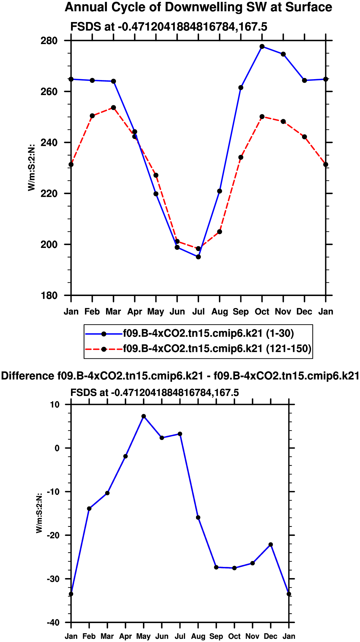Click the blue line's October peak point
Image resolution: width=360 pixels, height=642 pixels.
tap(262, 47)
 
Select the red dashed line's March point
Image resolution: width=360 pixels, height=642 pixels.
tap(113, 108)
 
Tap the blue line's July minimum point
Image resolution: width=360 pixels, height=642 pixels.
tap(198, 257)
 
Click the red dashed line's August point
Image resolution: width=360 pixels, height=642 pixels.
tap(220, 232)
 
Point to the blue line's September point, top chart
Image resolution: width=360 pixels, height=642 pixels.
tap(241, 88)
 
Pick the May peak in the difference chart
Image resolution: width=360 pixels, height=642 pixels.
tap(144, 416)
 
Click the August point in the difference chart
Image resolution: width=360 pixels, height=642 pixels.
tap(198, 518)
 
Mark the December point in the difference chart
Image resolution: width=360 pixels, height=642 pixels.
tap(271, 545)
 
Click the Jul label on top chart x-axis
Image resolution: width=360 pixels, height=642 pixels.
tap(198, 312)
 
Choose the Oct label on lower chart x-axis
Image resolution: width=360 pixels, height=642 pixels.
tap(234, 636)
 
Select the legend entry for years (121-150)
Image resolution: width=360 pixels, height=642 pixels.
tap(217, 349)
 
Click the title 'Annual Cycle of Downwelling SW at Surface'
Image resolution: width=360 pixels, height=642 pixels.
tap(198, 7)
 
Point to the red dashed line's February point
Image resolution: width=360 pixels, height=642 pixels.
tap(92, 116)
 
